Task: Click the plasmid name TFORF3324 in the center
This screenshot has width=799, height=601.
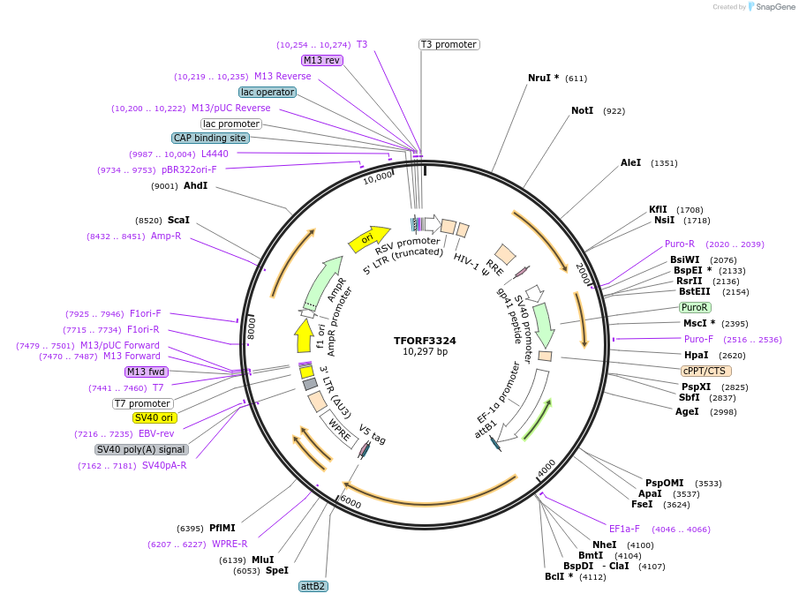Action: click(426, 340)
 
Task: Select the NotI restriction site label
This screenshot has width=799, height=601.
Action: click(583, 111)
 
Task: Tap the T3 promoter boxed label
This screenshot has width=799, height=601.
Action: click(448, 44)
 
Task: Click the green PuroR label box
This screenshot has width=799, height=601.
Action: click(694, 307)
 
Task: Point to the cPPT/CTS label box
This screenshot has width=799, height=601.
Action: click(706, 371)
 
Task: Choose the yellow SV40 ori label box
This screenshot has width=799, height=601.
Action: click(154, 417)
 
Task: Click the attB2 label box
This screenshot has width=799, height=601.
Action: click(313, 586)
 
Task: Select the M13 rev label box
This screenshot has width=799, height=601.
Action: click(321, 60)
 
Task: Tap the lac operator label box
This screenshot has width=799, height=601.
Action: click(267, 92)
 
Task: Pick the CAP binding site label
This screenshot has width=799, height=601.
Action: click(210, 138)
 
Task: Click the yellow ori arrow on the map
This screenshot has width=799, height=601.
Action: click(368, 237)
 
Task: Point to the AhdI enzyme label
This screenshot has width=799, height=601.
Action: click(195, 186)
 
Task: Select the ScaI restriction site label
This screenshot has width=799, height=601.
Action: click(178, 220)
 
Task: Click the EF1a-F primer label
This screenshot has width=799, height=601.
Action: click(624, 529)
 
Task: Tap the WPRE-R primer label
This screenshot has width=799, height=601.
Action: click(230, 544)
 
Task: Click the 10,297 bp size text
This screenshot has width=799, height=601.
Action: click(426, 351)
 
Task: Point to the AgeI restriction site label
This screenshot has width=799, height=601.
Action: click(687, 411)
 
